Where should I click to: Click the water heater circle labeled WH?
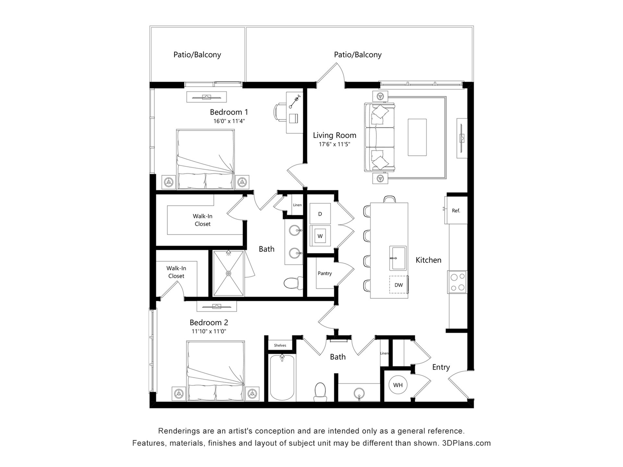[x=398, y=385]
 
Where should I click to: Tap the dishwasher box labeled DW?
[x=398, y=285]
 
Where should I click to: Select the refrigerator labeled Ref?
[x=456, y=210]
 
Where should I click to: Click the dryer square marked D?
[x=320, y=214]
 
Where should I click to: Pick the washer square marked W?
[x=320, y=236]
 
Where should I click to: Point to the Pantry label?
[x=324, y=273]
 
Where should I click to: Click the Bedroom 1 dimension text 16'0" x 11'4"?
[x=229, y=121]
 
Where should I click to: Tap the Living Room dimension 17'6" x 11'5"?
[x=335, y=144]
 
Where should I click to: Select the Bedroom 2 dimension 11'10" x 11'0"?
[x=209, y=331]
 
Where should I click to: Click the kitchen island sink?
[x=398, y=258]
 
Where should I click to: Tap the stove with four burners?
[x=457, y=282]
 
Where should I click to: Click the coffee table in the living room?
[x=417, y=137]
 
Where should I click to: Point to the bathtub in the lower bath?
[x=282, y=377]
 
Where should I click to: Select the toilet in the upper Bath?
[x=293, y=283]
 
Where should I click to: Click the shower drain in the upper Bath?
[x=228, y=273]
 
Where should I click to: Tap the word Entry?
[x=441, y=367]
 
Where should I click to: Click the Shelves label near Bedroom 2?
[x=280, y=345]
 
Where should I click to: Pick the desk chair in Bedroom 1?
[x=280, y=113]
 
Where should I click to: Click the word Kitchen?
[x=428, y=260]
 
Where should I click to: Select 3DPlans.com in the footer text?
[x=466, y=443]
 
